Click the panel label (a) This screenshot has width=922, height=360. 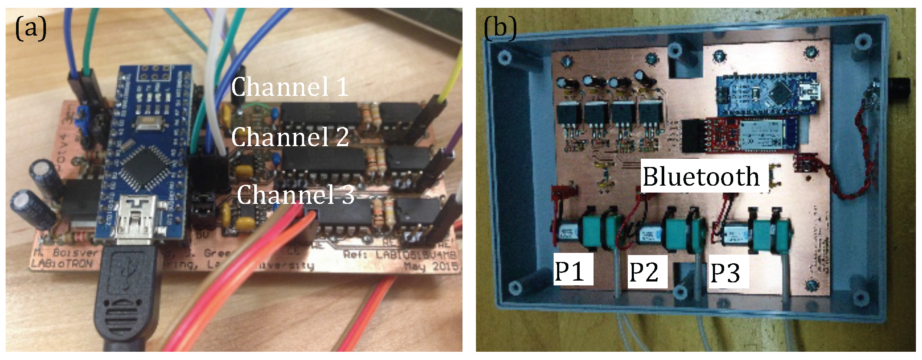point(30,29)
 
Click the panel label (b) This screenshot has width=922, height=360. point(500,29)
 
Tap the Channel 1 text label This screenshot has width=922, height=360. point(289,87)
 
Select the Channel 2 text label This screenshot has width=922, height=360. point(289,137)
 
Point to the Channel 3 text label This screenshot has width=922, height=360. point(295,194)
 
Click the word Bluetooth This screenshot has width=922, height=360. point(700,177)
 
